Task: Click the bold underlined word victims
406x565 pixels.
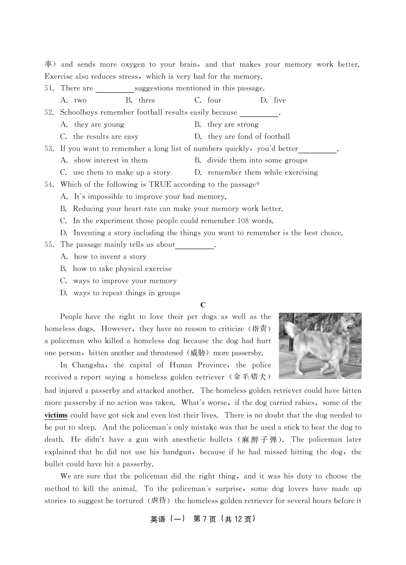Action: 56,415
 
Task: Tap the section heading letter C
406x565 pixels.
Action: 203,305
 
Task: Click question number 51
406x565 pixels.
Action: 49,88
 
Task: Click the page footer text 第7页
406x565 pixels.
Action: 205,519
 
